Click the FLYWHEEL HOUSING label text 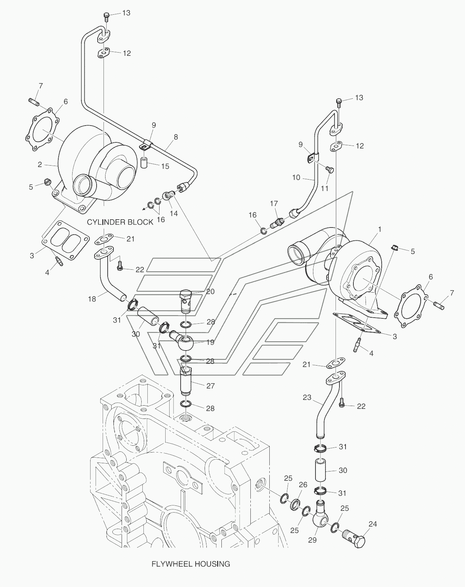point(191,564)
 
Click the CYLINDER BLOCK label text point(120,222)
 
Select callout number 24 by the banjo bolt point(373,524)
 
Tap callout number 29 point(312,540)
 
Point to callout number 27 point(210,386)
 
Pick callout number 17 point(274,204)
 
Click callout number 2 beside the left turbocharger point(40,165)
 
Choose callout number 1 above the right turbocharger point(380,229)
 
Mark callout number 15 point(165,166)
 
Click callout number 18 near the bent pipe point(92,299)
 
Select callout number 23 point(307,397)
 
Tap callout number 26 point(303,485)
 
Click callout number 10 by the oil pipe point(296,177)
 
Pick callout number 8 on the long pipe point(176,137)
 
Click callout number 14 point(173,214)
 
